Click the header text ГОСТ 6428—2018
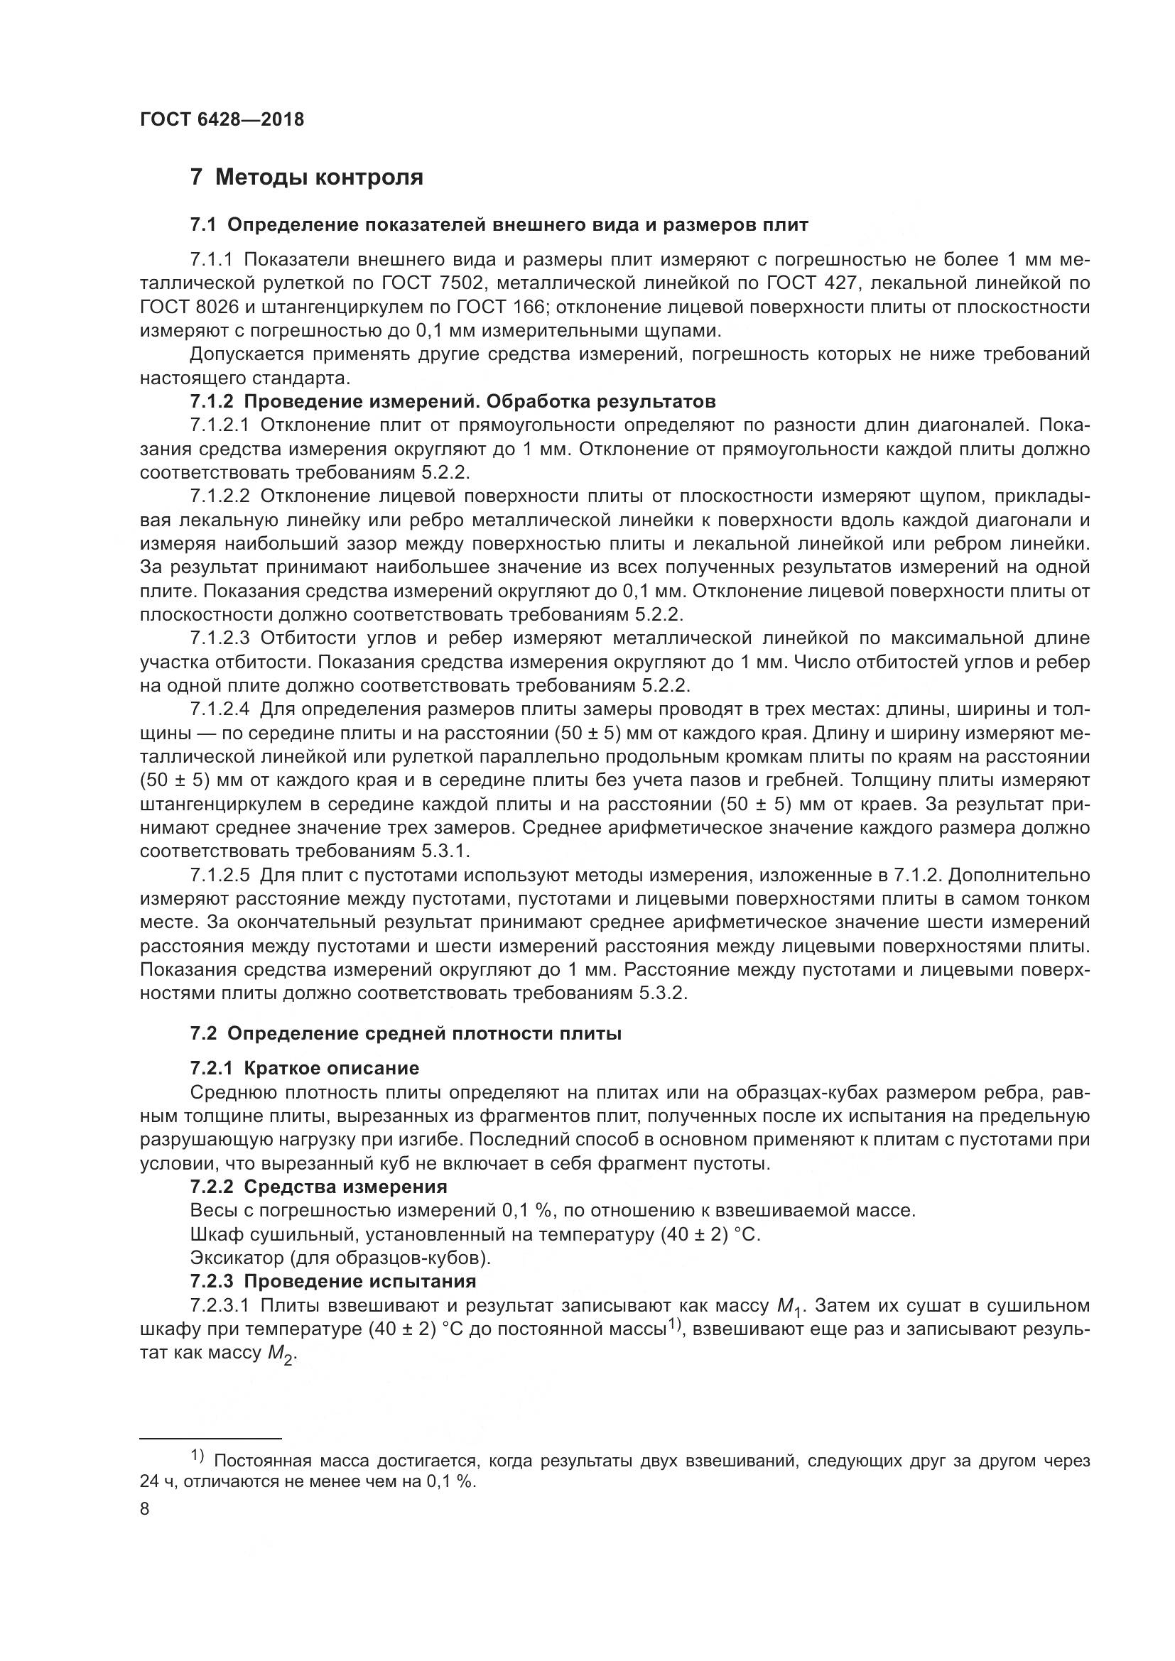point(222,120)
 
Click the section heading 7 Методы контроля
point(307,178)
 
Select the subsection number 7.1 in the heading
point(203,225)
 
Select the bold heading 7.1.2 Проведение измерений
point(453,401)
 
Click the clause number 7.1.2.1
point(220,425)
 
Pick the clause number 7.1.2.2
point(220,496)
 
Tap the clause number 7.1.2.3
point(220,638)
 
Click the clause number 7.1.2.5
point(220,876)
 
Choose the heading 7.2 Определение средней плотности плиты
point(405,1034)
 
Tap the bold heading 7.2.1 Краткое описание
point(304,1069)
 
